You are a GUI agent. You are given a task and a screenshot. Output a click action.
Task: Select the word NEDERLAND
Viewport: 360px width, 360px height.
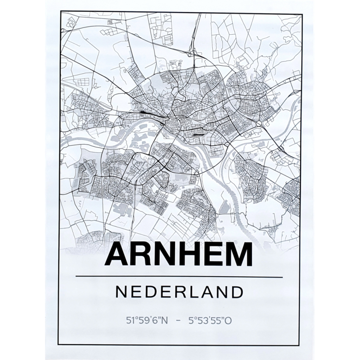tap(180, 292)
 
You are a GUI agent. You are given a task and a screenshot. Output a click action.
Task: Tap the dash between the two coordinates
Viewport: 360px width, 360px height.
tap(179, 321)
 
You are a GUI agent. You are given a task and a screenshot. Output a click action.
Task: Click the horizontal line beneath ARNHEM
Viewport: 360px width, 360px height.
tap(180, 277)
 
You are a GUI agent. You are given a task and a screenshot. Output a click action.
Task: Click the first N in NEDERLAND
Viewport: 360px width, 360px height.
tap(121, 292)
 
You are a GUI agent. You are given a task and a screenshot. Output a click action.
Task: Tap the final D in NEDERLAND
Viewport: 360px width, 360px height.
tap(238, 292)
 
